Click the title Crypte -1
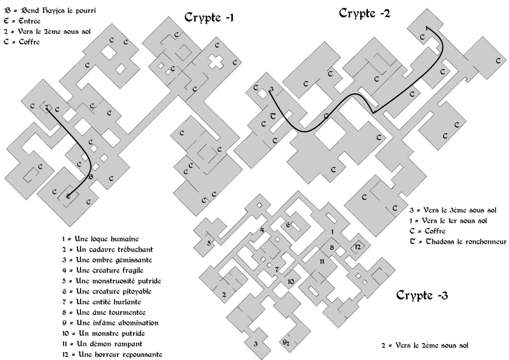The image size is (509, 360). (x=209, y=18)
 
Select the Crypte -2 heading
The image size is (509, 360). (x=364, y=13)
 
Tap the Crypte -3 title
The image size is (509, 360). (x=422, y=295)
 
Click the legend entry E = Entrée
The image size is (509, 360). (x=22, y=21)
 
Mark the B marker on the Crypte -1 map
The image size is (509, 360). (x=91, y=177)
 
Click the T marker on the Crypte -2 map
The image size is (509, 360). (x=273, y=116)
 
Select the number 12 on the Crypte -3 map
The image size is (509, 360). (x=358, y=247)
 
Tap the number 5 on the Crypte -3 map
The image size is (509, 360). (x=209, y=243)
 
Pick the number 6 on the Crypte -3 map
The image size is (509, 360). (x=288, y=224)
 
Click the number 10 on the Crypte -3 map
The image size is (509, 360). (x=291, y=282)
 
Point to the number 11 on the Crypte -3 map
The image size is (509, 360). (x=322, y=261)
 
